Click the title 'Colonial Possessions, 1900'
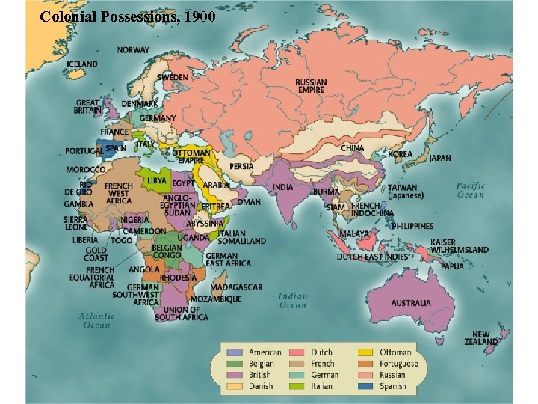coord(128,16)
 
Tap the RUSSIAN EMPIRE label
coord(310,86)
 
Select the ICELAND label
coord(82,64)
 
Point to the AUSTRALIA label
coord(411,303)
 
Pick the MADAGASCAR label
coord(236,287)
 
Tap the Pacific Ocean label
coord(471,190)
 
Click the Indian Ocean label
coord(293,300)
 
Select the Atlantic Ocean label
coord(96,320)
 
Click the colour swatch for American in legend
coord(235,352)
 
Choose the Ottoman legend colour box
coord(365,352)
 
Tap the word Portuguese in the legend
coord(399,364)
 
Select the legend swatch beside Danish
coord(235,386)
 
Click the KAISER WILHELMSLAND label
coord(459,246)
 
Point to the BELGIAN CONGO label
coord(167,251)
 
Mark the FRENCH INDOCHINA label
coord(372,209)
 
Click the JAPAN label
coord(440,158)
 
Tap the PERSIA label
coord(241,166)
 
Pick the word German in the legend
coord(325,375)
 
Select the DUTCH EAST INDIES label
coord(372,257)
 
